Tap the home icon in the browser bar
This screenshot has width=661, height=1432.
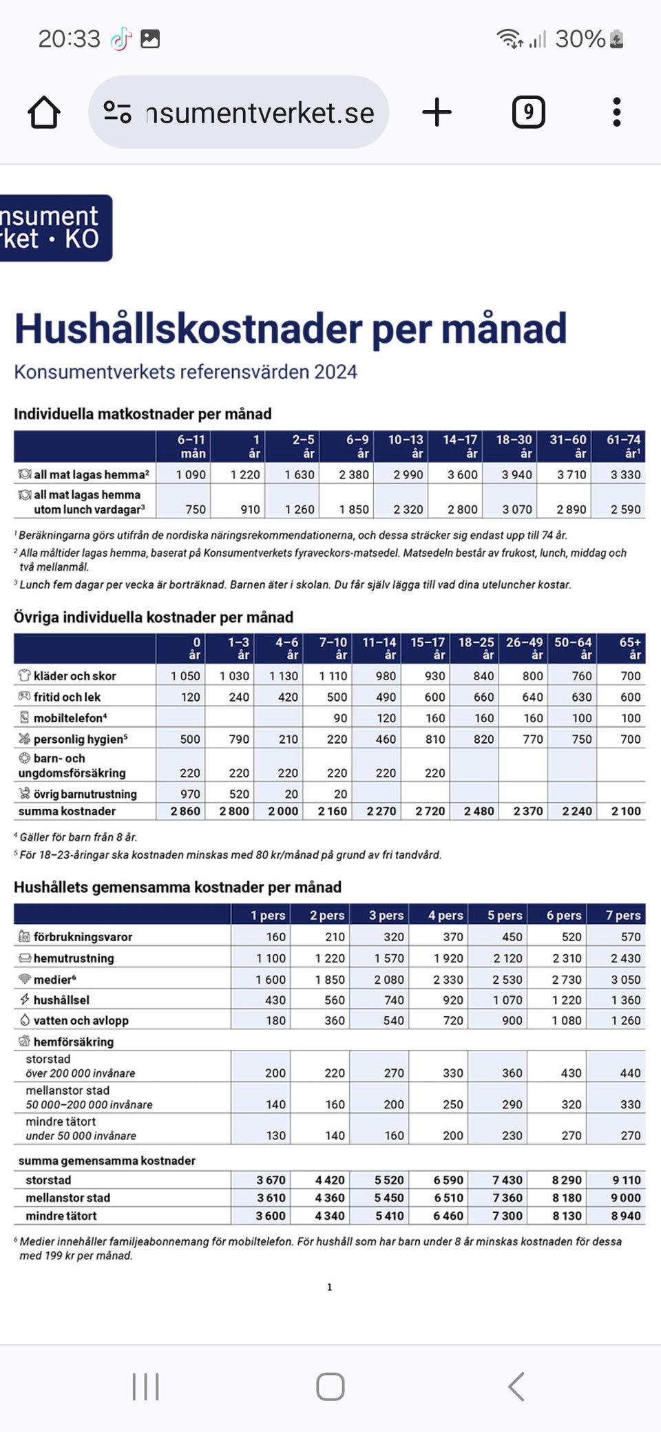pos(44,112)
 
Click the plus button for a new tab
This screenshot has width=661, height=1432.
pos(437,112)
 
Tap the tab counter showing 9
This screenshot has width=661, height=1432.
pos(528,112)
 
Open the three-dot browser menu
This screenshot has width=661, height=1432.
pos(616,112)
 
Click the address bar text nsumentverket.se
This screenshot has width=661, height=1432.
pos(260,113)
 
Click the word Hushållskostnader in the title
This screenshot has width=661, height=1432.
pos(188,328)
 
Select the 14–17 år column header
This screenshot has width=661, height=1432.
pos(460,445)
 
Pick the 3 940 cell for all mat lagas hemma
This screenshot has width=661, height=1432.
pos(516,474)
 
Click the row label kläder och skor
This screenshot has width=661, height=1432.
pos(74,676)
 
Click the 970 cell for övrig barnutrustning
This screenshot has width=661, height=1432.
pos(190,794)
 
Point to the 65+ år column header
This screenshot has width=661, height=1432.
pos(629,648)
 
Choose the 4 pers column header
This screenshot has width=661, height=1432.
pos(445,915)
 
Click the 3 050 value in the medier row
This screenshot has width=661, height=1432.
pos(625,979)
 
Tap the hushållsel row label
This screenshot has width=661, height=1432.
pos(61,1000)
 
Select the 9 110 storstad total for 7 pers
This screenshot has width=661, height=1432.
pos(626,1180)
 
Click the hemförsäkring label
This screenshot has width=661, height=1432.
pos(73,1042)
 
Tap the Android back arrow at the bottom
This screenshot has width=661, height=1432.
pos(516,1387)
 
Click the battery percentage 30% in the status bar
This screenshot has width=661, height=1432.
pos(580,39)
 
